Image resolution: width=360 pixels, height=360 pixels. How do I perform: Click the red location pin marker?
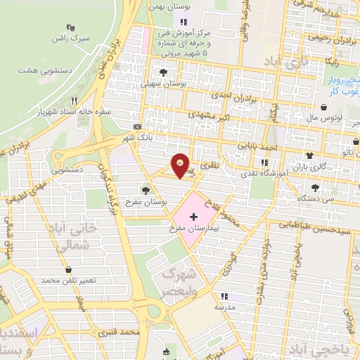click(181, 166)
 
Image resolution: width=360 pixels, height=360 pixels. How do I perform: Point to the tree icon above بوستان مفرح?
click(146, 189)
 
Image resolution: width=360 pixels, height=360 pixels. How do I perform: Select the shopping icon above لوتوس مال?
click(323, 108)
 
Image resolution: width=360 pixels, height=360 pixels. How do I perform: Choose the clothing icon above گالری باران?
click(309, 155)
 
